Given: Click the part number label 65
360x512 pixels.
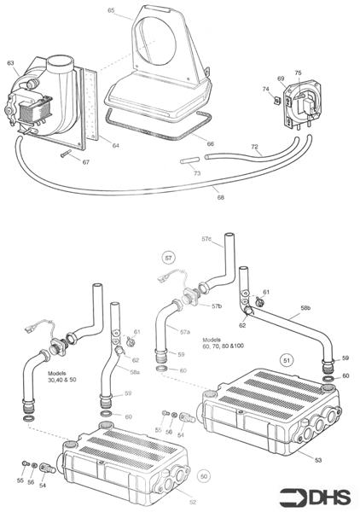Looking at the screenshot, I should (x=111, y=9).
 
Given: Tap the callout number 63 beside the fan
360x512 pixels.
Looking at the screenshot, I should (x=10, y=62).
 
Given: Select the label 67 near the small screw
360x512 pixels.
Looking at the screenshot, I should (x=85, y=161).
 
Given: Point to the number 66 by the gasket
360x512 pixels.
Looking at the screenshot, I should (x=210, y=143).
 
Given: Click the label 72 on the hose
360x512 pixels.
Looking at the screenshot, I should (x=254, y=148).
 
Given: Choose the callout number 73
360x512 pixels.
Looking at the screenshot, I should (x=197, y=173).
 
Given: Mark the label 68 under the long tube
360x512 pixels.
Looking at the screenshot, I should (x=220, y=197).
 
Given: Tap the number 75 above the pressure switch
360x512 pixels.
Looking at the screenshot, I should (x=298, y=73).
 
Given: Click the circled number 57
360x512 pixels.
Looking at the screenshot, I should (x=169, y=255).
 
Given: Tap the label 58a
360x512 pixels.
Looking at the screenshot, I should (x=135, y=372).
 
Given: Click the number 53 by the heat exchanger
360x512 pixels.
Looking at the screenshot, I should (x=318, y=460).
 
